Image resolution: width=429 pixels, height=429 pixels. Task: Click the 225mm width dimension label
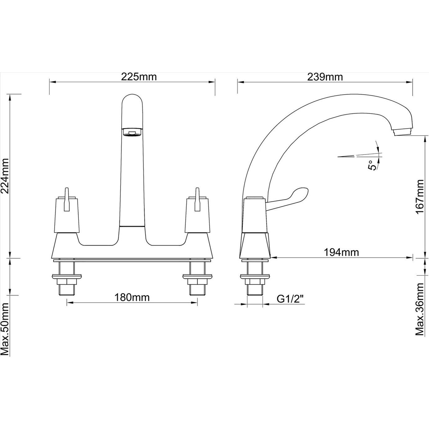[139, 77]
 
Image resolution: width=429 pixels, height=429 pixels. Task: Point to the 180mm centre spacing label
[132, 297]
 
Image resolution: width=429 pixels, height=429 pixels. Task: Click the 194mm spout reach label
[341, 252]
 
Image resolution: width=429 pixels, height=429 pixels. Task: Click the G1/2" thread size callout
[290, 299]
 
